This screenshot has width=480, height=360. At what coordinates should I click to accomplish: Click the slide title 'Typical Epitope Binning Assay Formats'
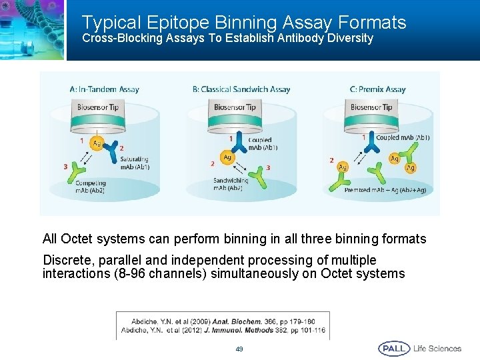(243, 23)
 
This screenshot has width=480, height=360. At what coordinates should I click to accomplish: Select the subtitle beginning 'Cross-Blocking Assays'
(227, 39)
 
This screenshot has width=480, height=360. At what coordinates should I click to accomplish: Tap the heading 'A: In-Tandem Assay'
(104, 89)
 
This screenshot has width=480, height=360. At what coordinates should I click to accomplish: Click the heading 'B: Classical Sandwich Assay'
(241, 89)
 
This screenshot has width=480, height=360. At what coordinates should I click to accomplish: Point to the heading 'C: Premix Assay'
(377, 89)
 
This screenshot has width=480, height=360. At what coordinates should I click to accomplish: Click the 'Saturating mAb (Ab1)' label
(135, 163)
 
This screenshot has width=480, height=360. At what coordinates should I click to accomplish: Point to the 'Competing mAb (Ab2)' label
(90, 187)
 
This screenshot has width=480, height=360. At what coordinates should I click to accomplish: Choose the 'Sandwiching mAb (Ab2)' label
(231, 184)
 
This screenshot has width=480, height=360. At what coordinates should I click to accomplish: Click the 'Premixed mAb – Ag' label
(385, 191)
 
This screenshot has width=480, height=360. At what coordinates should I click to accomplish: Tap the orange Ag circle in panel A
(97, 143)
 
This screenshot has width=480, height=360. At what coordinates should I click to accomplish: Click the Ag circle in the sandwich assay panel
(227, 158)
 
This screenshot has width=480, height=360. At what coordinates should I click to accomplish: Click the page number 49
(239, 349)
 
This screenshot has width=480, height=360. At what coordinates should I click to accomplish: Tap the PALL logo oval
(394, 349)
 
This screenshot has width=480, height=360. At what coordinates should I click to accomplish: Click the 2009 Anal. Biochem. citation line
(222, 321)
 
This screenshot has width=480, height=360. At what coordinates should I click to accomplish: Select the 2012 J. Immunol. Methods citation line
(223, 330)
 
